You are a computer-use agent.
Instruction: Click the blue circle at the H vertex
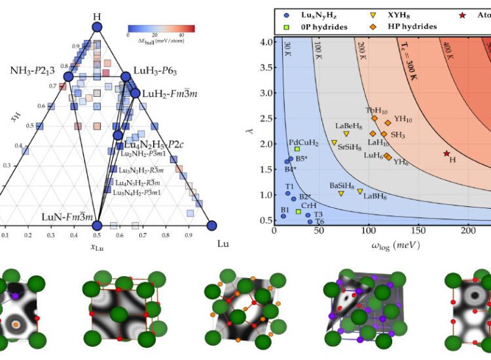97,27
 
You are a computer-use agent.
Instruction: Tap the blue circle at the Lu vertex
211,226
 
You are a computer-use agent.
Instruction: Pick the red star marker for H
446,154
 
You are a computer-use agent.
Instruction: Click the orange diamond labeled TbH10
374,118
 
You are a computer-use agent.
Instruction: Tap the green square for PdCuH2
297,149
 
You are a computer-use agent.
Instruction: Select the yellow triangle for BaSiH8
341,193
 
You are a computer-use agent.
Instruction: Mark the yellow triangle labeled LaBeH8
346,134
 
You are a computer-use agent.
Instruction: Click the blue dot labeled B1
283,216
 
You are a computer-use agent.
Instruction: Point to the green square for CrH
299,211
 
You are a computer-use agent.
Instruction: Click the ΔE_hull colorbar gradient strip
160,28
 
